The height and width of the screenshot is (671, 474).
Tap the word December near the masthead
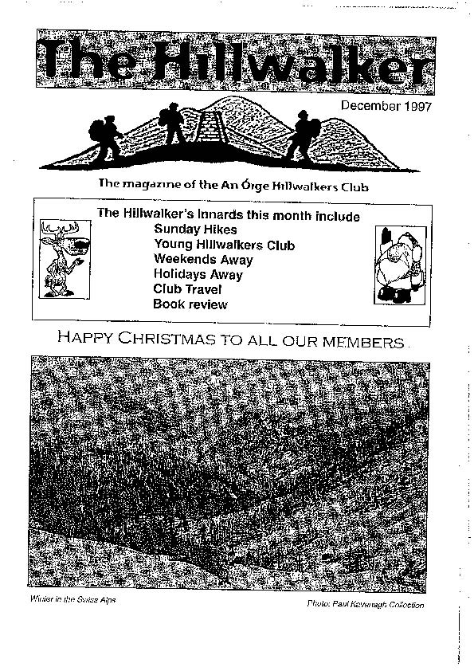point(369,107)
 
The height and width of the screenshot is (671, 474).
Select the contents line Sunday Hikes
point(184,230)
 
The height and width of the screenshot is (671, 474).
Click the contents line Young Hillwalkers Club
point(225,245)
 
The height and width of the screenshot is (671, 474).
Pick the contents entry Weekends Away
point(203,260)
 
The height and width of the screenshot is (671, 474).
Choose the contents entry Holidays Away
point(198,274)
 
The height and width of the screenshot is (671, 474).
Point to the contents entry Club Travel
point(188,289)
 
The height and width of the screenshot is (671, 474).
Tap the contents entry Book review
point(190,304)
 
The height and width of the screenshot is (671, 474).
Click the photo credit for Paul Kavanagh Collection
point(365,605)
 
